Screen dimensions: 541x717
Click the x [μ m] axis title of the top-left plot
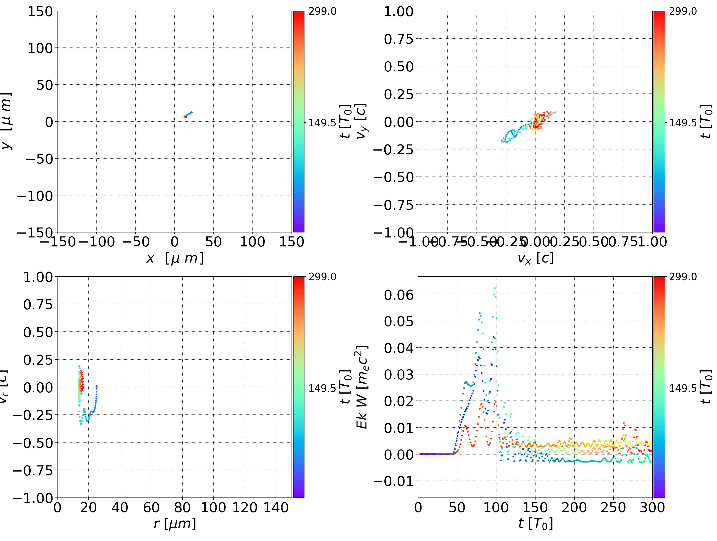(x=175, y=258)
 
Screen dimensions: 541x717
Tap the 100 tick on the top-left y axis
(x=40, y=48)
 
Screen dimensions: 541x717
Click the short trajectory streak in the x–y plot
(x=188, y=115)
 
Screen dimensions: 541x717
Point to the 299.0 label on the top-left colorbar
(x=322, y=11)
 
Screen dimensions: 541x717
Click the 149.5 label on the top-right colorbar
(x=683, y=123)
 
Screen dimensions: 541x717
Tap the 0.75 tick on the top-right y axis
(x=399, y=39)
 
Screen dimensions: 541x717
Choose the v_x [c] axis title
(x=535, y=258)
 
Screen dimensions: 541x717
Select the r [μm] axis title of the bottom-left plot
(x=175, y=524)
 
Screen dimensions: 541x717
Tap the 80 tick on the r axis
(x=182, y=508)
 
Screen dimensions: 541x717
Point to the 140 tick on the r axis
(x=276, y=508)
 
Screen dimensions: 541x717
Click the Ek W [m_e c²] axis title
(x=362, y=387)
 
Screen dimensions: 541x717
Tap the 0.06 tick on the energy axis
(x=399, y=295)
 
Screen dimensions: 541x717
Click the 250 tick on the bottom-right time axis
(x=613, y=508)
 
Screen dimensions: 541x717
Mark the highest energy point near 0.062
(x=494, y=288)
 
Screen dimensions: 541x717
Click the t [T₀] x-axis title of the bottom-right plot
(x=535, y=524)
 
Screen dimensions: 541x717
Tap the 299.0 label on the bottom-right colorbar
(x=683, y=277)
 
